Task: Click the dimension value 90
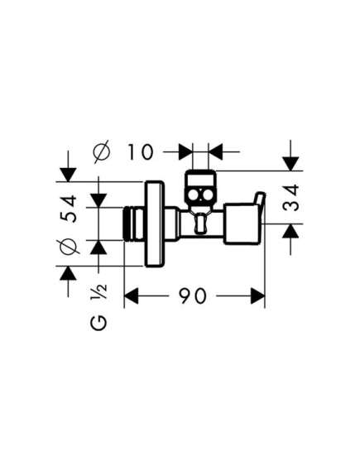(193, 296)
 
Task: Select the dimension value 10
(141, 152)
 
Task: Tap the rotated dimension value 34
(291, 198)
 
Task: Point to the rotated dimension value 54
(68, 209)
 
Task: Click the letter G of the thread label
(98, 323)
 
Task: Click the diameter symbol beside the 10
(102, 152)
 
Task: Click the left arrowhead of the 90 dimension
(132, 296)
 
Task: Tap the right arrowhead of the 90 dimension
(257, 296)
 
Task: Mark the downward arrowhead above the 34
(290, 164)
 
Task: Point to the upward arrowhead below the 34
(290, 231)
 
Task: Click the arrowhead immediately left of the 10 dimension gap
(185, 152)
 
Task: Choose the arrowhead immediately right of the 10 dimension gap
(215, 152)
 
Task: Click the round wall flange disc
(155, 223)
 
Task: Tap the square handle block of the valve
(242, 223)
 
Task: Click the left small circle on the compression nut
(194, 196)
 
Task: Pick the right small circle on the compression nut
(207, 196)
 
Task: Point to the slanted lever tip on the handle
(260, 199)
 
